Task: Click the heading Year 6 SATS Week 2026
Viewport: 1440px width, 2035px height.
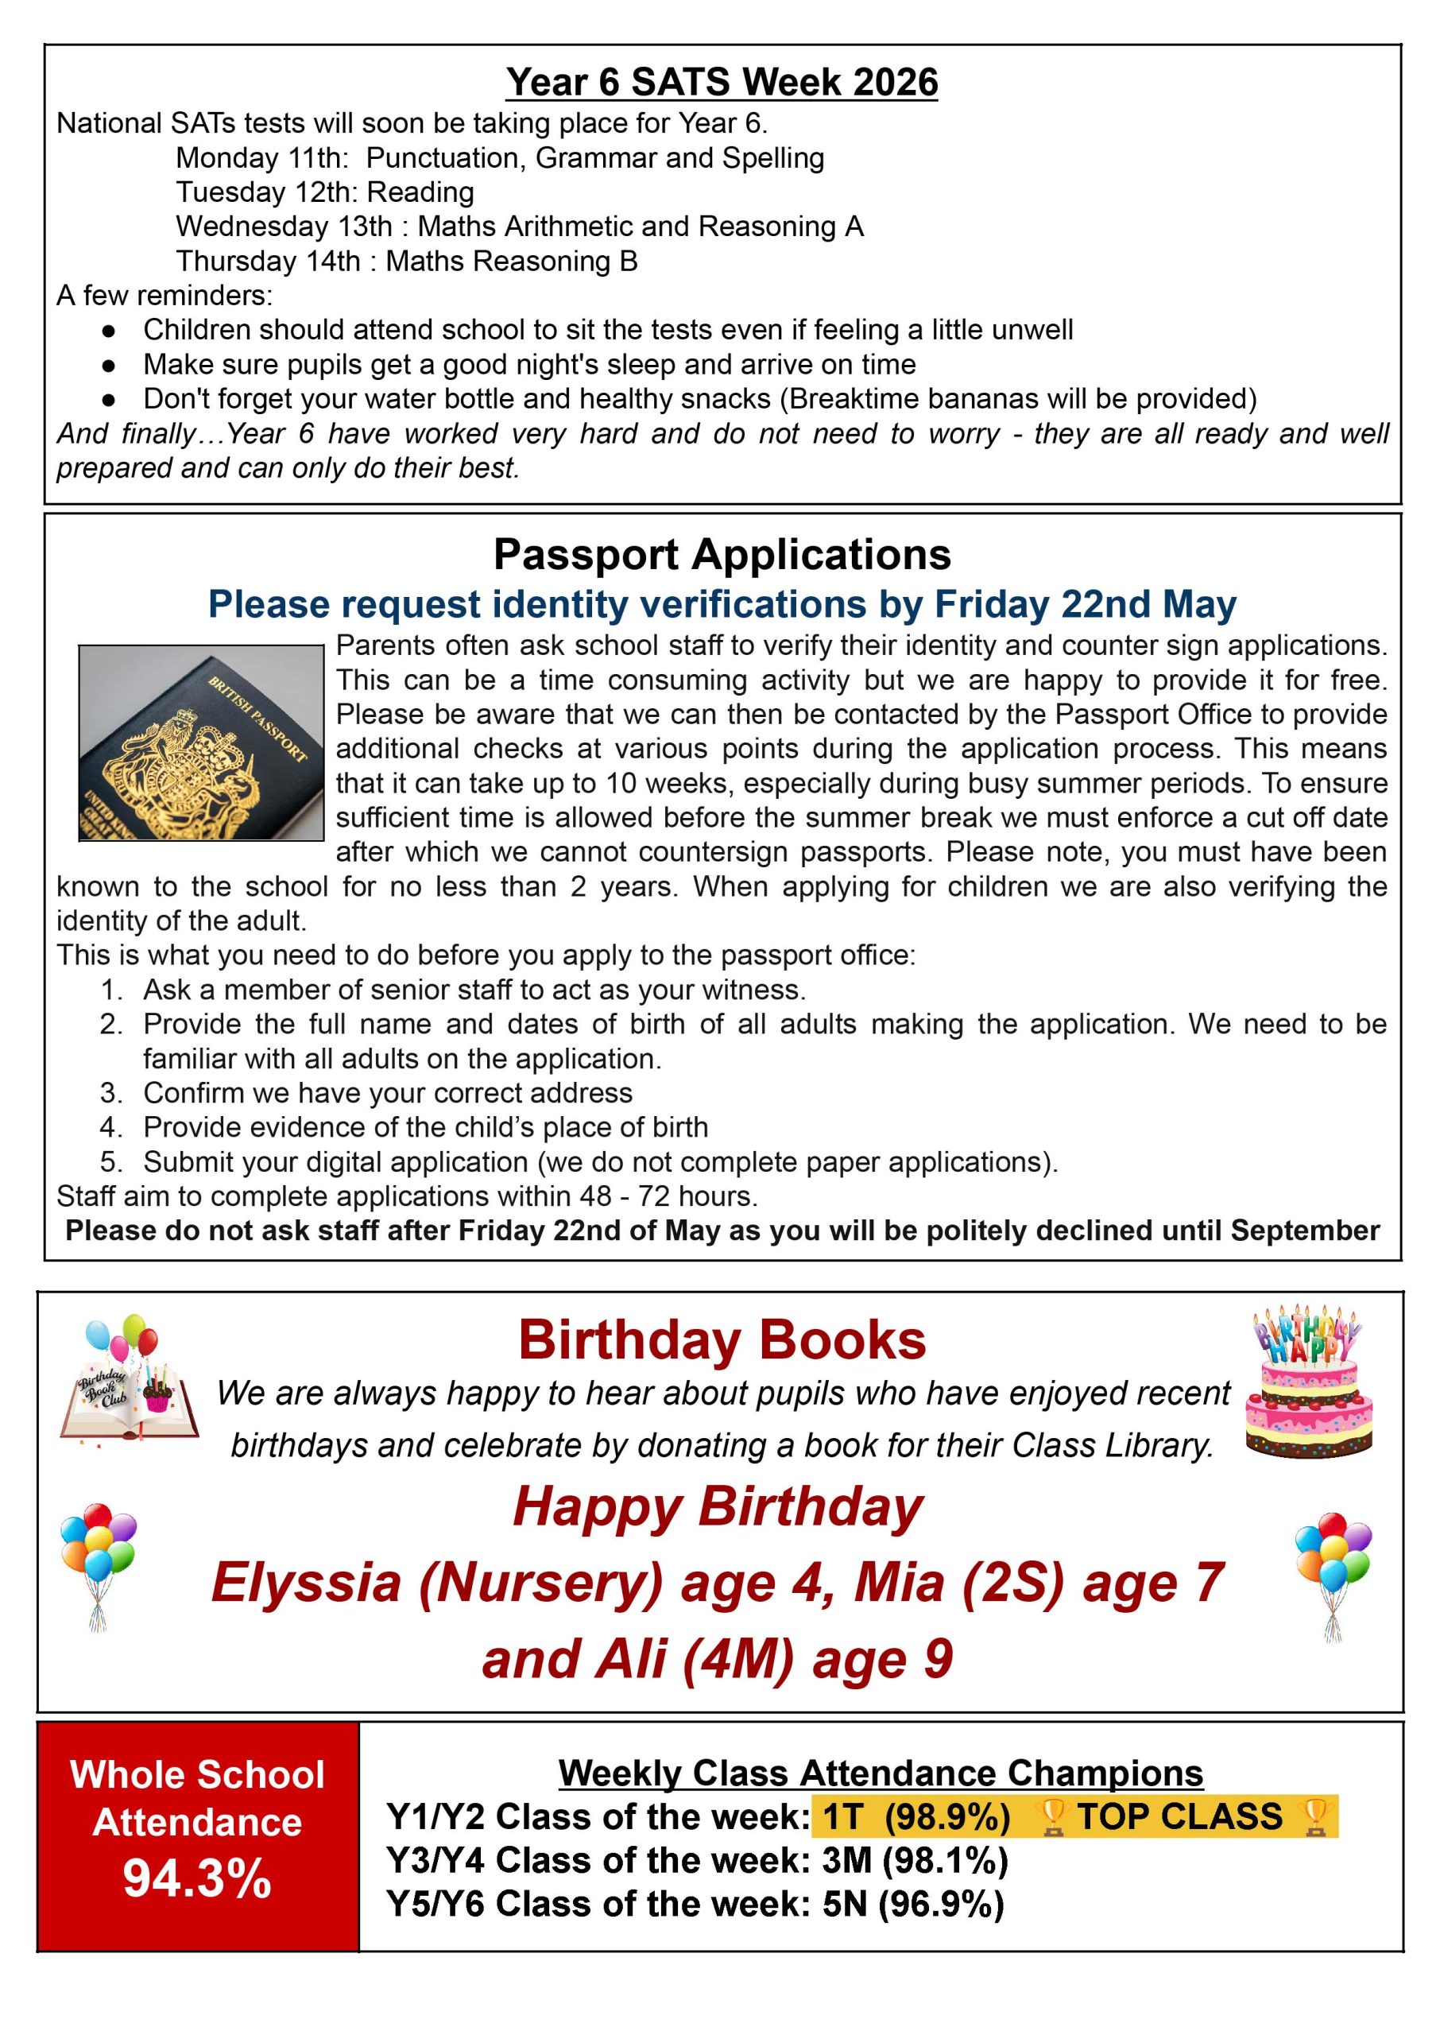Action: tap(721, 83)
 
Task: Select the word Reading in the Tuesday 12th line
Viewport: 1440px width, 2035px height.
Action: tap(420, 192)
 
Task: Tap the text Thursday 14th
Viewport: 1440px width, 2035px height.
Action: tap(268, 262)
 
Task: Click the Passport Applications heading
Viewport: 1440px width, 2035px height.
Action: tap(722, 554)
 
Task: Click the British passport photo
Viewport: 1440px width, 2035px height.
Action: tap(201, 742)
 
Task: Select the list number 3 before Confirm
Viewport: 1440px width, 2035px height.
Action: tap(110, 1092)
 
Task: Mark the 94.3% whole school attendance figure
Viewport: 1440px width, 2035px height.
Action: tap(197, 1878)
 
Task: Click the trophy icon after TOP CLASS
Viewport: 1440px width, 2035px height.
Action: tap(1314, 1818)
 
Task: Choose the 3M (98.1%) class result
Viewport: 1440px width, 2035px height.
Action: tap(915, 1860)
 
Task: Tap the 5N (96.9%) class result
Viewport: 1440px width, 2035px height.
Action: tap(913, 1905)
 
